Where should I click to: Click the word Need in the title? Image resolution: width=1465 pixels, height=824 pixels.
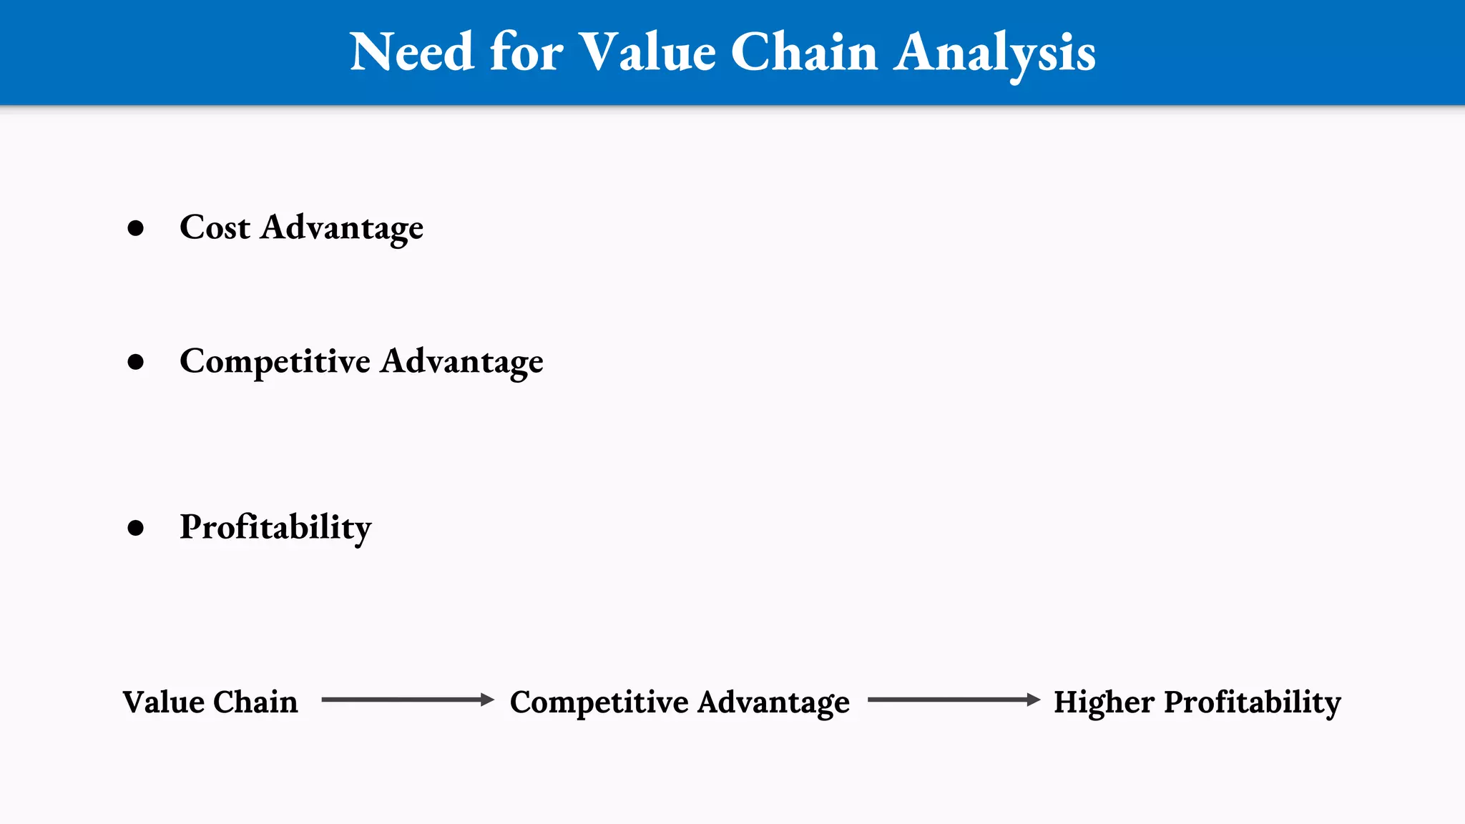[x=411, y=52]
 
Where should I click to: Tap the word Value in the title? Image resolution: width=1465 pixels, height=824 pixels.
[x=647, y=52]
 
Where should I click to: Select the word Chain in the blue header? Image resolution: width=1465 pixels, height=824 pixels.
[x=803, y=52]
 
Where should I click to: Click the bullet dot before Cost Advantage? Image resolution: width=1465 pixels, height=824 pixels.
[x=135, y=228]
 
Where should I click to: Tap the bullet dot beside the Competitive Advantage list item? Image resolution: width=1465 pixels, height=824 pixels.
[x=135, y=362]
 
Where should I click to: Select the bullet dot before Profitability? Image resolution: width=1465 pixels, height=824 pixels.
[x=135, y=528]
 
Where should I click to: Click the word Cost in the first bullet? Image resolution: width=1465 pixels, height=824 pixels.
[x=215, y=227]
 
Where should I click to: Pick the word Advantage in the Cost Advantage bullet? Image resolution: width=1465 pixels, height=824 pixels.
[x=342, y=229]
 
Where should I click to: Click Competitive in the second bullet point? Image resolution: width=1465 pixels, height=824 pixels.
[x=275, y=362]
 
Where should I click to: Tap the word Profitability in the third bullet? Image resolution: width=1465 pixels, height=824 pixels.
[x=275, y=528]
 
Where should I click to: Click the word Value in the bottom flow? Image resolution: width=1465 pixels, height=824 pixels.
[x=163, y=702]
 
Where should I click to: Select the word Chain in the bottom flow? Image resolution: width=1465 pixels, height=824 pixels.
[x=255, y=702]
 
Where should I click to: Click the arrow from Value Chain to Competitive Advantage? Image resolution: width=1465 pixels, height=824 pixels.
[x=408, y=700]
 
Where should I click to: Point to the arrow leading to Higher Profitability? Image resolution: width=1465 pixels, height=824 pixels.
[x=954, y=700]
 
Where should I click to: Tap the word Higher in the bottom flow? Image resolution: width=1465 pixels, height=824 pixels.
[x=1104, y=702]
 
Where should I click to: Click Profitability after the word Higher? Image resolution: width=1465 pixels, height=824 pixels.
[x=1253, y=702]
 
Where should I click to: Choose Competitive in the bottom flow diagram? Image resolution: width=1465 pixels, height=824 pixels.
[x=599, y=702]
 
